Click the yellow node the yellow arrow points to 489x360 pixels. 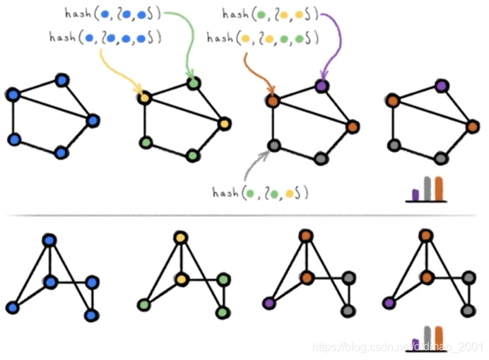tap(143, 98)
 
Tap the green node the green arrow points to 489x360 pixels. tap(194, 83)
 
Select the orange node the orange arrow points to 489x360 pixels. tap(273, 101)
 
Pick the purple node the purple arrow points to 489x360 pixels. tap(322, 85)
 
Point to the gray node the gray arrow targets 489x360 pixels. tap(273, 146)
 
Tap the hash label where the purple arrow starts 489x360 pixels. tap(269, 13)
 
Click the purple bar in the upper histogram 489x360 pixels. tap(415, 194)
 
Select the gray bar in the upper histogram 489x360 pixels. tap(426, 188)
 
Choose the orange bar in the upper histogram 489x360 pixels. tap(438, 188)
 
